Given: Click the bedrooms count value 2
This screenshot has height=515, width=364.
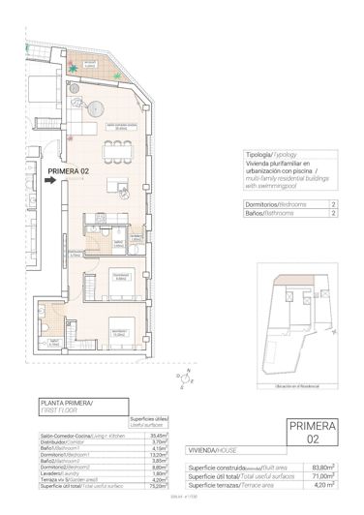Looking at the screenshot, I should pos(333,205).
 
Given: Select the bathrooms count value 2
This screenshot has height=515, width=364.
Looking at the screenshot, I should pos(333,215).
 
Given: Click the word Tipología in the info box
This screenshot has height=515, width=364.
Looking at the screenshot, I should pos(259,155).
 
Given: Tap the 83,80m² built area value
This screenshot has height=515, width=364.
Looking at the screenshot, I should pos(325,466).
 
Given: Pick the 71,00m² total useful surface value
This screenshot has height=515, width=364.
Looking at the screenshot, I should pos(325,475).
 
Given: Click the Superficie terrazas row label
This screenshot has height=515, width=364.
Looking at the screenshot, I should pos(225,485).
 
